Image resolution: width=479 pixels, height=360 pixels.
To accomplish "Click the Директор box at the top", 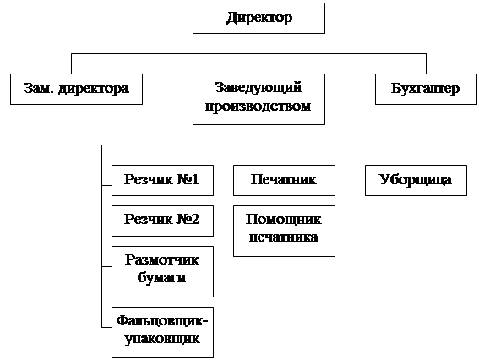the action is [259, 18].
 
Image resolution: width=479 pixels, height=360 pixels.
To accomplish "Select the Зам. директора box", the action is [76, 89].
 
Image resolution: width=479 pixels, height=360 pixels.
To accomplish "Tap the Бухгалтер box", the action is [426, 89].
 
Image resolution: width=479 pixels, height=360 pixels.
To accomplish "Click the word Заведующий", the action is [259, 88].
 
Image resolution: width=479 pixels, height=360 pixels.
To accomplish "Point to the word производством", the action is [259, 106].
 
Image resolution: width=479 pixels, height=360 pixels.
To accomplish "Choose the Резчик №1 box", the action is [162, 180].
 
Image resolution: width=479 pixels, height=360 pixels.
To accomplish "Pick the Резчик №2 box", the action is [162, 221].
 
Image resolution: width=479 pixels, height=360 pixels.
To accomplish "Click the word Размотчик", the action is [162, 260].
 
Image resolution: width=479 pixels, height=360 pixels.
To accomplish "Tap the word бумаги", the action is [161, 278].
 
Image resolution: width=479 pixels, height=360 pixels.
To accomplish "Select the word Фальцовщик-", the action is [162, 321].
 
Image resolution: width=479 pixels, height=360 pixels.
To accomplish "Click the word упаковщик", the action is [162, 339].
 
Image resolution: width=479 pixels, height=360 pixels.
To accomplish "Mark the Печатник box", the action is [284, 180].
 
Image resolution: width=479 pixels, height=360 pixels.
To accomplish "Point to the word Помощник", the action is [284, 220].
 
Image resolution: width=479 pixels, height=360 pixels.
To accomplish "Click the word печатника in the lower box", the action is [284, 237].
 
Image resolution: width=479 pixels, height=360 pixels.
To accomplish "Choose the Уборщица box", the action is [416, 180].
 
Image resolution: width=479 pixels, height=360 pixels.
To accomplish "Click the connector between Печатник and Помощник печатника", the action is [264, 200].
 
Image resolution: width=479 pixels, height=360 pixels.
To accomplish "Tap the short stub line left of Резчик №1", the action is [106, 185].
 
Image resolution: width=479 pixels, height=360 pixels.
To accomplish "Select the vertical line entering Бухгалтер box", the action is [426, 63].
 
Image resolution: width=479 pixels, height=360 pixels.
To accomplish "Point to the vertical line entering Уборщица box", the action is [416, 155].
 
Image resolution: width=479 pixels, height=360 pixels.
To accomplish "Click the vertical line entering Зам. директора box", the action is [71, 63].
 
